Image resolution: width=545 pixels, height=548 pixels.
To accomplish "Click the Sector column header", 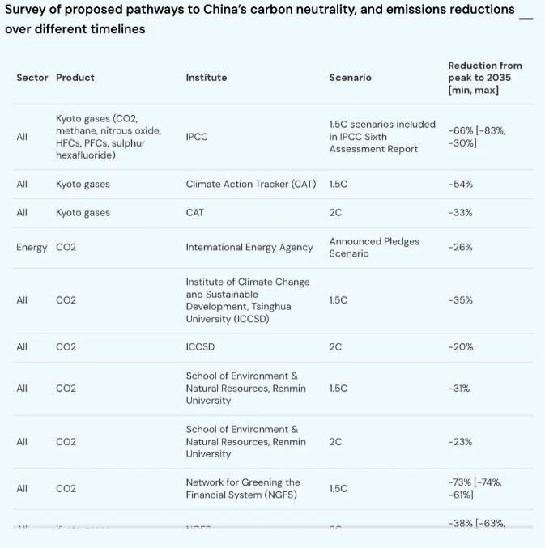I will pos(32,78).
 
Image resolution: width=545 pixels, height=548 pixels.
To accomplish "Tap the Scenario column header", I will pos(350,78).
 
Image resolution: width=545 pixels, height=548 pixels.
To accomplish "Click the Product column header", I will pos(75,78).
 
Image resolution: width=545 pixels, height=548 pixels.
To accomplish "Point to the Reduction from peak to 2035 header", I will pos(484,78).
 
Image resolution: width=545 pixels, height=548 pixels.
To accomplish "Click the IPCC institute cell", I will pos(197,137).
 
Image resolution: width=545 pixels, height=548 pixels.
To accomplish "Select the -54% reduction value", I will pos(460,185).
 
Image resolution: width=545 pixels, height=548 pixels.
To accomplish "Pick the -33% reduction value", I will pos(460,213).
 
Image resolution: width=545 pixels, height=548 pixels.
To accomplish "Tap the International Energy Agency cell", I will pos(249,248).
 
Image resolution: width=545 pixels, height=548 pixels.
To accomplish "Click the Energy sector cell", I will pos(32,248).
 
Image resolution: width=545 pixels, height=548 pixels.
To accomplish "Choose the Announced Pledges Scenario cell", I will pos(373,248).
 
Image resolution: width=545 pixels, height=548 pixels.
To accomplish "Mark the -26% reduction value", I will pos(460,248).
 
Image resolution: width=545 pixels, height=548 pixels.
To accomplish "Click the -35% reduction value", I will pos(460,300).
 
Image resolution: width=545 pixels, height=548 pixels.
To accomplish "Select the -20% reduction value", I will pos(460,347).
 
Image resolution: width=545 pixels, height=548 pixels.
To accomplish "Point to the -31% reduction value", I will pos(458,389).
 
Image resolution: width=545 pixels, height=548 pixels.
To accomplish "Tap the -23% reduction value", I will pos(460,442).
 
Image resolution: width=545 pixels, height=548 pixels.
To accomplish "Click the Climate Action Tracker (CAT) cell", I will pos(251,185).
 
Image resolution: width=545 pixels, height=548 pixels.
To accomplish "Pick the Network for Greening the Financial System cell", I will pos(243,488).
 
